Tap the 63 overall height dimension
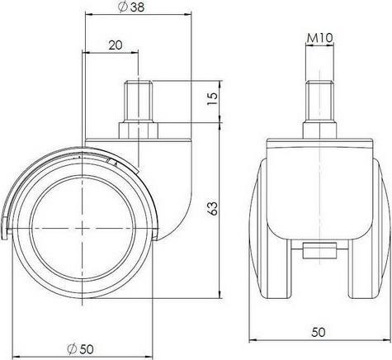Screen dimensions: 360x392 click(x=213, y=211)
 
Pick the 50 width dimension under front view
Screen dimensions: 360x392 click(x=318, y=333)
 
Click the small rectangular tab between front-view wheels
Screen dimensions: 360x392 click(x=318, y=249)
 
